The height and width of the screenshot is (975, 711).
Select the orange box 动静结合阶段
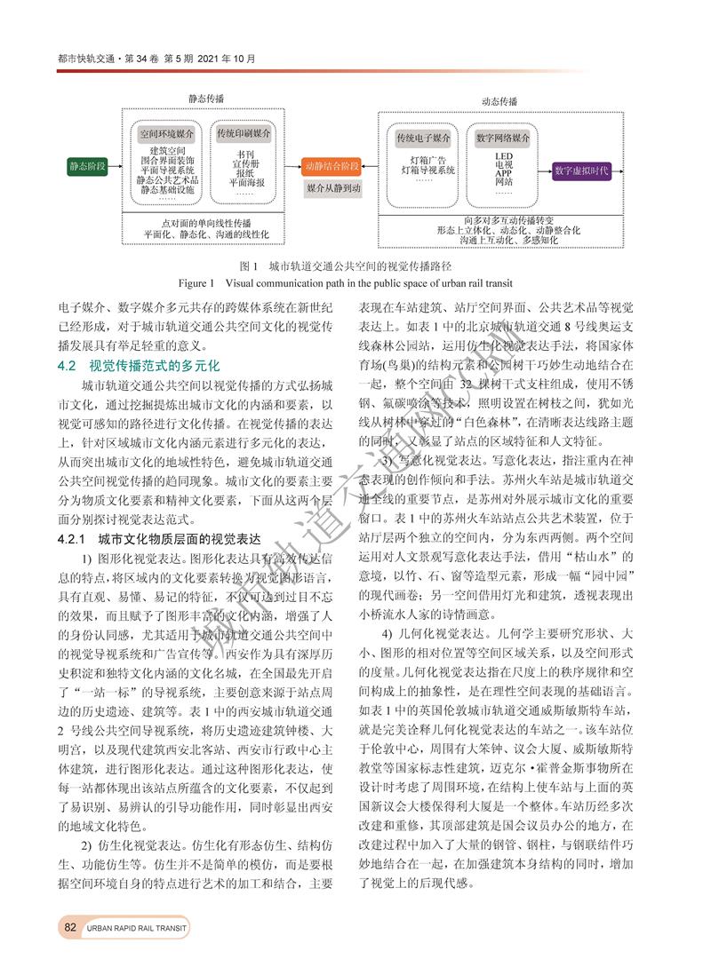click(332, 166)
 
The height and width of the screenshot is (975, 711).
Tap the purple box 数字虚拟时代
click(580, 170)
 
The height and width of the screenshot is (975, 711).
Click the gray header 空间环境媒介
click(169, 133)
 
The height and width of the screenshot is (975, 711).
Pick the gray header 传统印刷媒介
click(244, 133)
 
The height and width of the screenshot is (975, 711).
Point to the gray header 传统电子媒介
click(423, 139)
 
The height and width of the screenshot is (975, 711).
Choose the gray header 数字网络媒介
click(503, 139)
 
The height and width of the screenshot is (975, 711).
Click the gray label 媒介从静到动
click(332, 189)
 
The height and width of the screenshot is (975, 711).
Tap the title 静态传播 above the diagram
click(205, 99)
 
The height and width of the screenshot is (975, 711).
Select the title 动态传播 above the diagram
click(499, 103)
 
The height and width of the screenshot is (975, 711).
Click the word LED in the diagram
click(503, 155)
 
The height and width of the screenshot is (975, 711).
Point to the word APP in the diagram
click(503, 173)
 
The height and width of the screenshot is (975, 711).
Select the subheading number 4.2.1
click(74, 539)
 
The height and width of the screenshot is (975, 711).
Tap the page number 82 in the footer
click(70, 927)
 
